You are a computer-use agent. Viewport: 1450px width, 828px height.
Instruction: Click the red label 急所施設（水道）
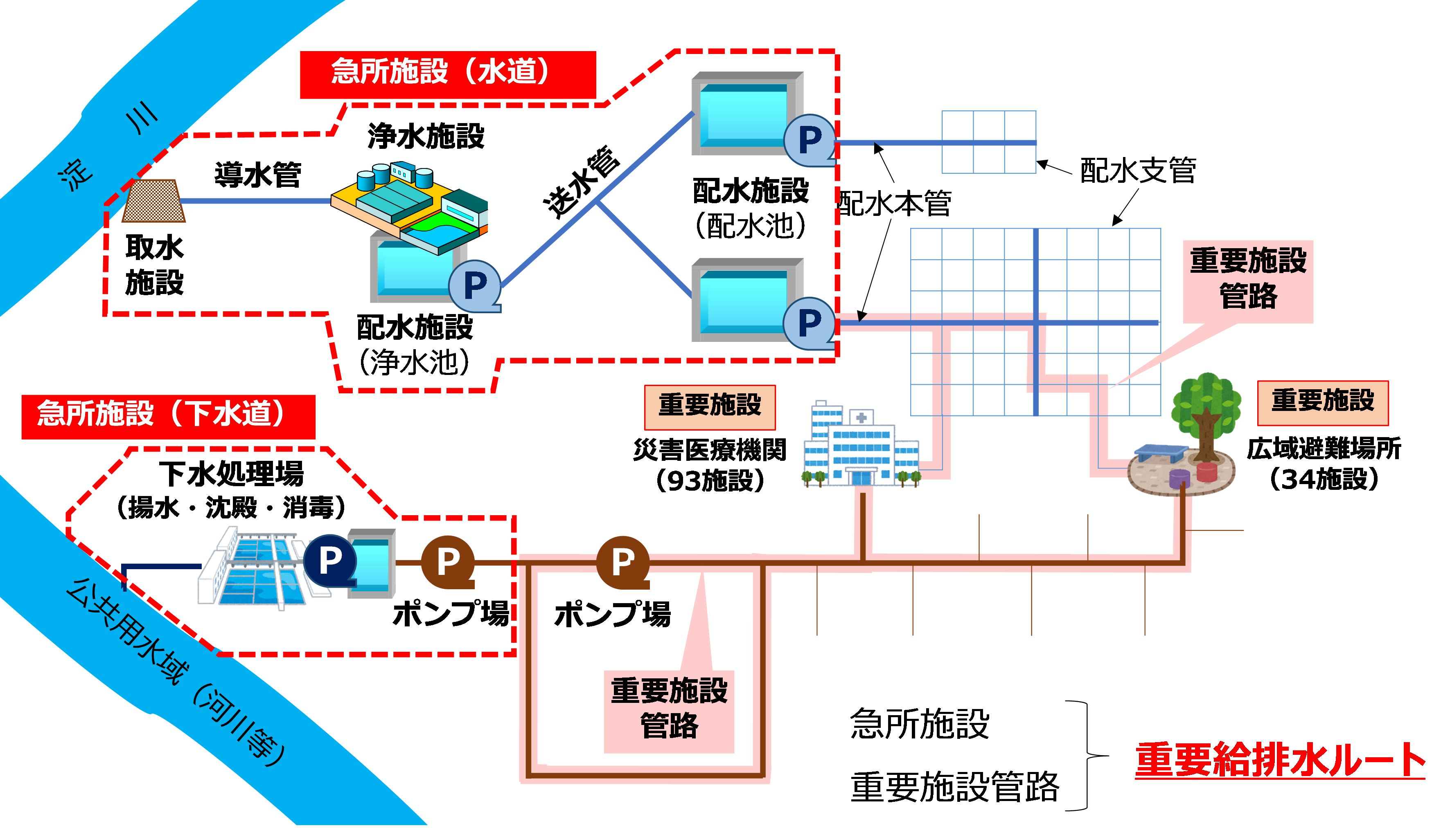coord(447,74)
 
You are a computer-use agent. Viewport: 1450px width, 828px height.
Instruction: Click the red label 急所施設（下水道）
coord(168,416)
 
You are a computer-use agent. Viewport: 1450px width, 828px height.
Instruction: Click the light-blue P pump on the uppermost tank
coord(809,140)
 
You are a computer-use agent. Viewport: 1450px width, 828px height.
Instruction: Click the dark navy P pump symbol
coord(330,560)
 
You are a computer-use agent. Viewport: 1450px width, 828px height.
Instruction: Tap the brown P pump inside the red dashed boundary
coord(448,561)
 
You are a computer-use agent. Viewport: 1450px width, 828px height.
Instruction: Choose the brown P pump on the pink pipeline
coord(622,562)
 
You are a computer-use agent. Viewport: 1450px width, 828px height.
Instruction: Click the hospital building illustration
coord(860,447)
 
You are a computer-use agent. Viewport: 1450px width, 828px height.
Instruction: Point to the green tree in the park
coord(1205,412)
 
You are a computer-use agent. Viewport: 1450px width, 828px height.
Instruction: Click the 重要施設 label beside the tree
coord(1323,402)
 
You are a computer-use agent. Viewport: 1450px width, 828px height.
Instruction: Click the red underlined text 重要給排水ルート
coord(1279,760)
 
